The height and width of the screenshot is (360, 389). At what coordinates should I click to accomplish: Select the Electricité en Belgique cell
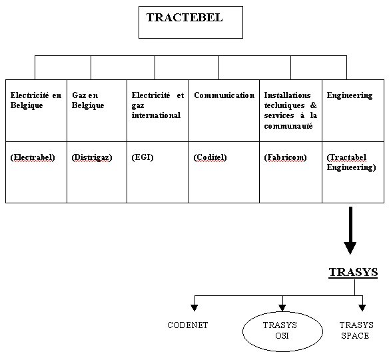tap(36, 111)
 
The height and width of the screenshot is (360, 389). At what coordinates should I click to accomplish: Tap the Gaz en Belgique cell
tap(97, 111)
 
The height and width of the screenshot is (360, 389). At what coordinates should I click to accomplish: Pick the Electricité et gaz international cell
tap(158, 111)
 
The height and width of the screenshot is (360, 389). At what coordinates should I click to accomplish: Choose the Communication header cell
tap(224, 111)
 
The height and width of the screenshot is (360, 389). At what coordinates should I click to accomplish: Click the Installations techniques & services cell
tap(291, 111)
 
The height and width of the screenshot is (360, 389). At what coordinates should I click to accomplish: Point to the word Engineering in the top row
tap(350, 95)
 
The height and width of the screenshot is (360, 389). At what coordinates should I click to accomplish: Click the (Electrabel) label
tap(33, 157)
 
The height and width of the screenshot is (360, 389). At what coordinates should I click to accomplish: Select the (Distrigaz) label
tap(92, 157)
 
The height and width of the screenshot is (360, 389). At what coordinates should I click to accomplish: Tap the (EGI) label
tap(143, 157)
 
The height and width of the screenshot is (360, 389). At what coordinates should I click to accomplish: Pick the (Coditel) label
tap(210, 157)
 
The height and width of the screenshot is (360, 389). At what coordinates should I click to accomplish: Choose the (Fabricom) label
tap(285, 157)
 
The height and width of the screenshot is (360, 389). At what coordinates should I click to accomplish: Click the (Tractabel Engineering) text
tap(351, 163)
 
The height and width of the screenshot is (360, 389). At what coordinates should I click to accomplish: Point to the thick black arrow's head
tap(350, 248)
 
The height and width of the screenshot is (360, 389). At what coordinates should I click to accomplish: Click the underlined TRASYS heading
tap(353, 272)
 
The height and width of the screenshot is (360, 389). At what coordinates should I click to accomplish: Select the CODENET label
tap(188, 325)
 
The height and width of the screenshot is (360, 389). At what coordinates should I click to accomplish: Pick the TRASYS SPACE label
tap(356, 330)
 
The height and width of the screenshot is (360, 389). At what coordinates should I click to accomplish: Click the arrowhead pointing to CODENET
tap(195, 308)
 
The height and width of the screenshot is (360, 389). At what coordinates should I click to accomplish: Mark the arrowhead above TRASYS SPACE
tap(362, 308)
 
